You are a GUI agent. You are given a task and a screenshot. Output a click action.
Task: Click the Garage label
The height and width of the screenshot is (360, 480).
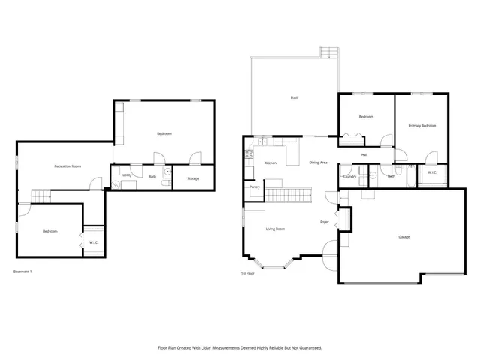point(404,237)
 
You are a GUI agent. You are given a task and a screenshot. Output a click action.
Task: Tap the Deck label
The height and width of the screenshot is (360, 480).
point(295,97)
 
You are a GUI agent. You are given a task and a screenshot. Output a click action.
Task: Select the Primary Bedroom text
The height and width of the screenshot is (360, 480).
point(422,126)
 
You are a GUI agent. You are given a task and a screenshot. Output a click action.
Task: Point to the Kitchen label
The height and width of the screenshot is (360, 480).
point(271,163)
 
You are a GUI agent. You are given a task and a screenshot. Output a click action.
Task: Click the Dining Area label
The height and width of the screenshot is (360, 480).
point(318,163)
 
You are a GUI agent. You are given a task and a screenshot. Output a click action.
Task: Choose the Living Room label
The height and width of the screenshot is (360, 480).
point(275,229)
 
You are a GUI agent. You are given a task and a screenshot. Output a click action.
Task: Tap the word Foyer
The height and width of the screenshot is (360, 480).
point(325,223)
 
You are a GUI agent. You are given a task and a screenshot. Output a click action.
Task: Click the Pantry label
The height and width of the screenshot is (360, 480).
point(254,187)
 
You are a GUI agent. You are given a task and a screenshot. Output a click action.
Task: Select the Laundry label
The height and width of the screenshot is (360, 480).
point(349,176)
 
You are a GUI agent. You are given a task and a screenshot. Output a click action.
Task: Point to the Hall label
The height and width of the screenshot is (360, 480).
point(364,155)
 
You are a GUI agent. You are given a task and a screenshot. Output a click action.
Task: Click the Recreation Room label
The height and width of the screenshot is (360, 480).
point(67,166)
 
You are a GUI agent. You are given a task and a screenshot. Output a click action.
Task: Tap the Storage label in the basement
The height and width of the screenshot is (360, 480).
point(193,178)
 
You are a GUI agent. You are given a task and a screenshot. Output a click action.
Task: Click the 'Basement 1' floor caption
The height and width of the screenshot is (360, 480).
point(22,271)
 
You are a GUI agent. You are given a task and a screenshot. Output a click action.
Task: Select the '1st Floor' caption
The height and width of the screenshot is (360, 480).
point(247,273)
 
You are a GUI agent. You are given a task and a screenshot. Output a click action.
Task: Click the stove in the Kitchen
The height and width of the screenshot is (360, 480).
point(248,154)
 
